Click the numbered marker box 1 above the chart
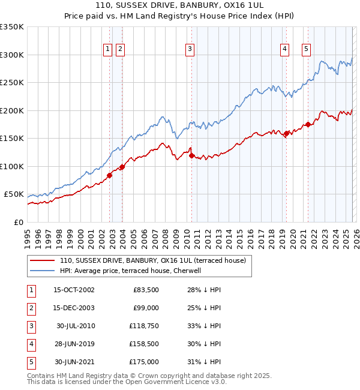[x=107, y=49]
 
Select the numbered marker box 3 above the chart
[x=190, y=49]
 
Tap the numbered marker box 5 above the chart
[x=306, y=49]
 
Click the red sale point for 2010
[x=192, y=155]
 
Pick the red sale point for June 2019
[x=286, y=133]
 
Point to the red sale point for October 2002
[x=110, y=175]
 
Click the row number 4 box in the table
[x=31, y=344]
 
